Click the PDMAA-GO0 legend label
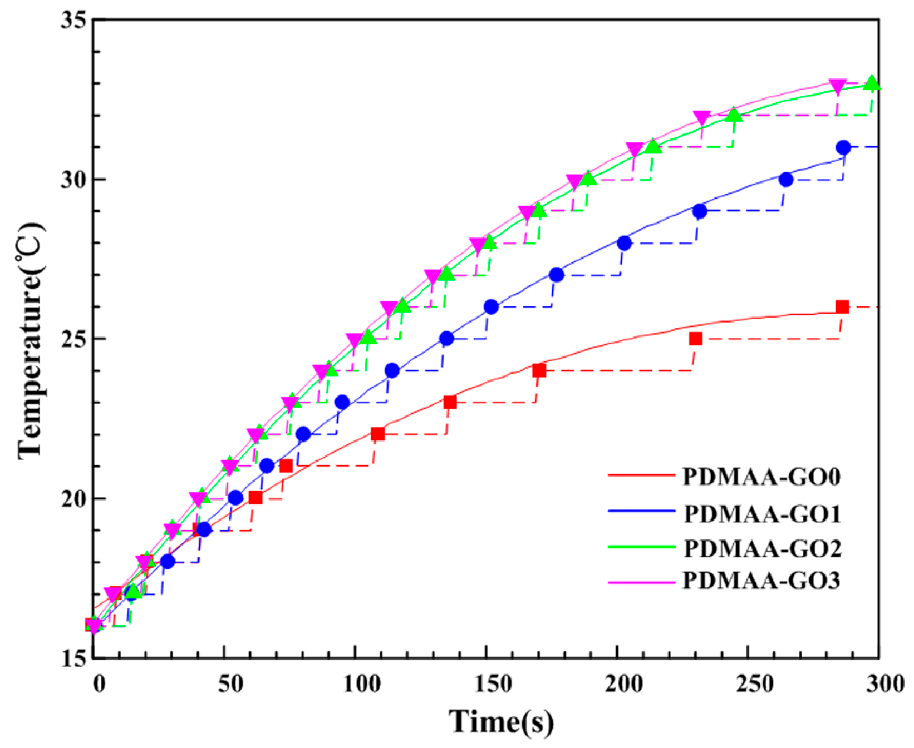tap(761, 477)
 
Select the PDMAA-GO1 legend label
tap(762, 514)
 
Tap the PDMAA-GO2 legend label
tap(762, 548)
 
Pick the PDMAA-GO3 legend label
tap(761, 581)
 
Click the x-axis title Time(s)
tap(502, 722)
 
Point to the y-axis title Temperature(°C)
tap(31, 340)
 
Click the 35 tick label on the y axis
tap(74, 21)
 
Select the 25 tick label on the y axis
tap(74, 339)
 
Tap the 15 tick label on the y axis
tap(74, 658)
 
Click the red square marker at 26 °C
tap(842, 307)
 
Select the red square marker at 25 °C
tap(695, 339)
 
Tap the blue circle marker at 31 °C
tap(843, 147)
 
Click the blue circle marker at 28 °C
tap(624, 243)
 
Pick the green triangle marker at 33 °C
tap(872, 84)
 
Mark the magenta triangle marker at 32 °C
tap(702, 117)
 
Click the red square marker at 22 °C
tap(377, 434)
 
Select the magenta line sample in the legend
tap(641, 582)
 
